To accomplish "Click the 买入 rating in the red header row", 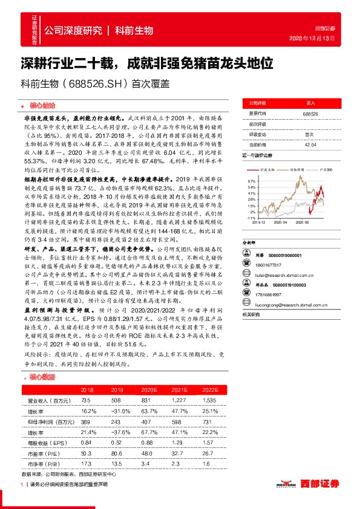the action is [310, 104].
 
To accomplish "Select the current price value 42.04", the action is [310, 144].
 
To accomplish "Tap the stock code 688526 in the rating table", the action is [310, 114].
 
